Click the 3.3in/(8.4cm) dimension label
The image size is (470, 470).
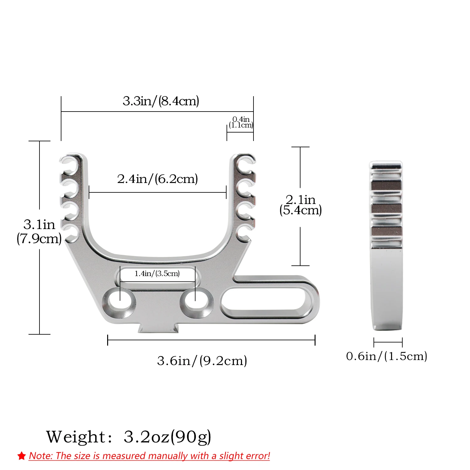click(x=161, y=101)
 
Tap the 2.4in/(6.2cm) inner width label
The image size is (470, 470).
click(x=157, y=179)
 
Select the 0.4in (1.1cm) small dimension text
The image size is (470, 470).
click(x=241, y=122)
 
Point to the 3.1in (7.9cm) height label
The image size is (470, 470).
click(x=39, y=232)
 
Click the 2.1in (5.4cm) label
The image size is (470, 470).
click(x=300, y=205)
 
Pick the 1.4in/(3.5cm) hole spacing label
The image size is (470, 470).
click(x=157, y=274)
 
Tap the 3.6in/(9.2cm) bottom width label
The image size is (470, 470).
click(x=202, y=361)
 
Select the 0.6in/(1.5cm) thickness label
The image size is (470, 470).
click(x=387, y=356)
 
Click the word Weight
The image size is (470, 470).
click(x=76, y=436)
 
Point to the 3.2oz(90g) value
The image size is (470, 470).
click(x=167, y=436)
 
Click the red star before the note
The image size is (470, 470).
click(x=22, y=456)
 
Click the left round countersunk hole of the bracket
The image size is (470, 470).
click(x=119, y=302)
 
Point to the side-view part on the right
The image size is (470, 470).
click(x=386, y=246)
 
